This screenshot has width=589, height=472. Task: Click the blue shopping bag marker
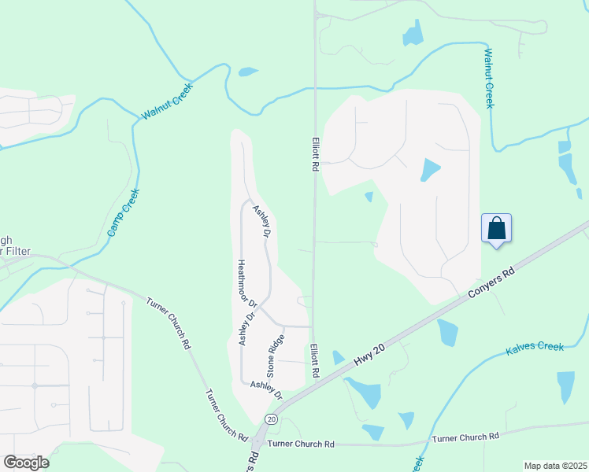[496, 229]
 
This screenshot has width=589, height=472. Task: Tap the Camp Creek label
[124, 214]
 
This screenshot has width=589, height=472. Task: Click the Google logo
[26, 463]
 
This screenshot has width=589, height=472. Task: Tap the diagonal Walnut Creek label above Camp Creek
[167, 101]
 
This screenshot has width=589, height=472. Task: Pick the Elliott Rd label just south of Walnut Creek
[314, 153]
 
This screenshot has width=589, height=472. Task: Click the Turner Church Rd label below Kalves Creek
[465, 437]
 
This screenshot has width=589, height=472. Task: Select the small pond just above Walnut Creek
[248, 72]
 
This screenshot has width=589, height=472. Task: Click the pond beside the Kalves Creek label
[565, 386]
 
